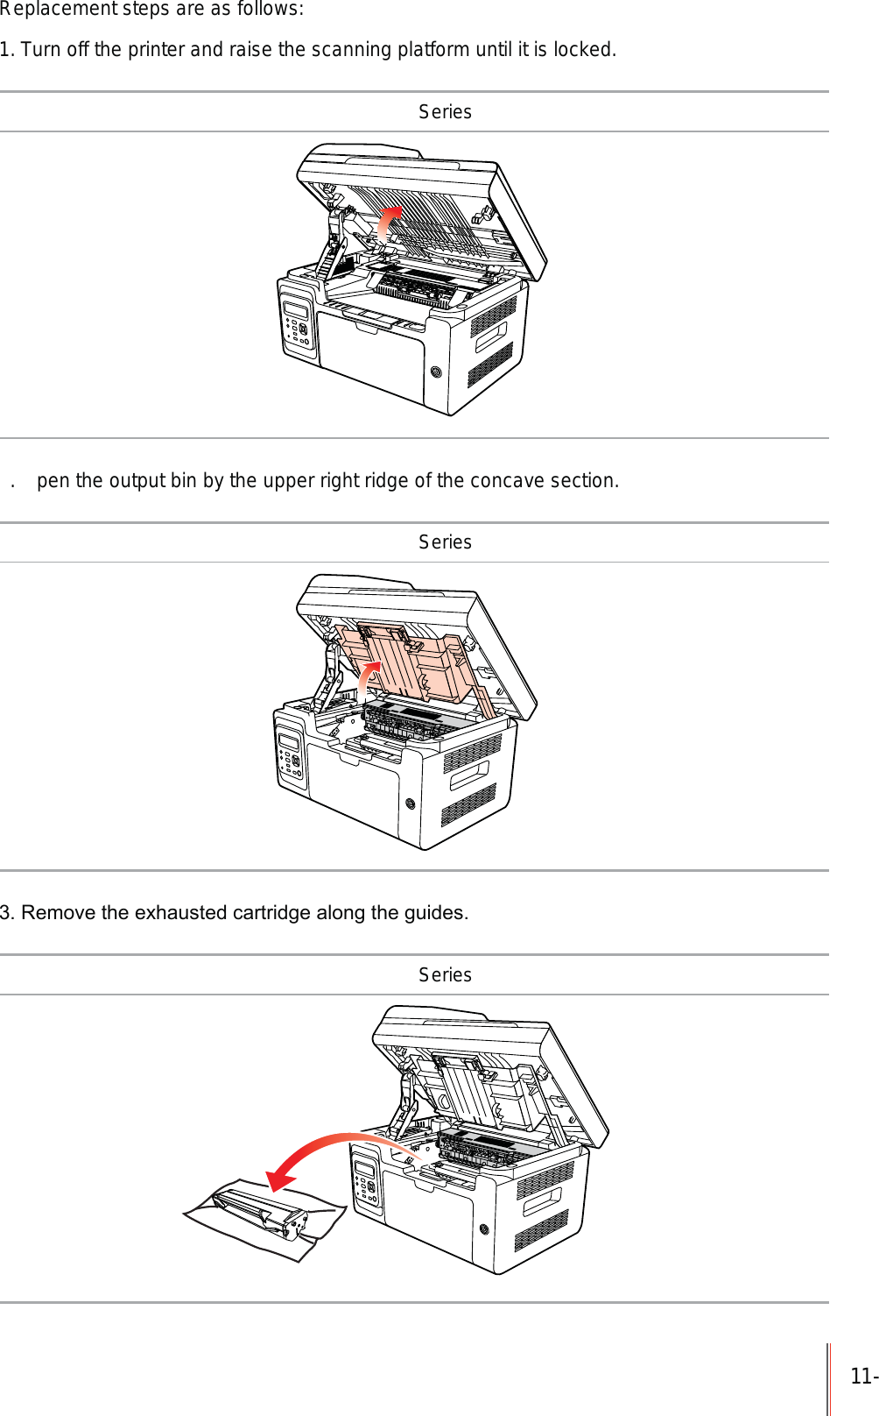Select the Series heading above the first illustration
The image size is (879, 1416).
pos(445,112)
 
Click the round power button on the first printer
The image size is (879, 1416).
pos(436,372)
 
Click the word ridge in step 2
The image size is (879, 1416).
pos(388,481)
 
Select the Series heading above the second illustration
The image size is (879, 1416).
pos(445,542)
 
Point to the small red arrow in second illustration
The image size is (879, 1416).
pos(369,680)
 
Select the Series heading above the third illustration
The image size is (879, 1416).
pos(445,975)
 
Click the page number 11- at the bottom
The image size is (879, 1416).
pos(862,1377)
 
